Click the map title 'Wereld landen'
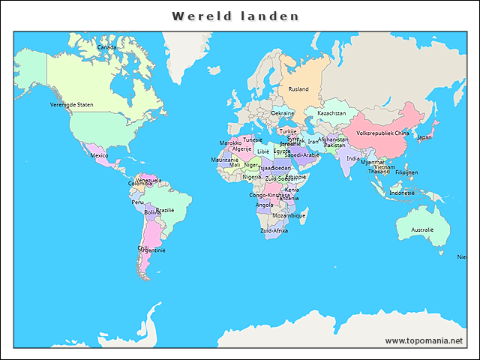pyautogui.click(x=235, y=16)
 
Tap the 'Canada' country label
pyautogui.click(x=107, y=46)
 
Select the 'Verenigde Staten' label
pyautogui.click(x=72, y=105)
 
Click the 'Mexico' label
pyautogui.click(x=99, y=155)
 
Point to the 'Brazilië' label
pyautogui.click(x=164, y=210)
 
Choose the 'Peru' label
pyautogui.click(x=137, y=202)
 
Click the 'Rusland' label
pyautogui.click(x=298, y=89)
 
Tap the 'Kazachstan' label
pyautogui.click(x=331, y=113)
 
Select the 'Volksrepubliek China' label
pyautogui.click(x=382, y=133)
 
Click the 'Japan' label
pyautogui.click(x=424, y=137)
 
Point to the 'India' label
pyautogui.click(x=352, y=158)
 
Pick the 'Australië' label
pyautogui.click(x=422, y=229)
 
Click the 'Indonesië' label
pyautogui.click(x=402, y=193)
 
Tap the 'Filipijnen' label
pyautogui.click(x=406, y=172)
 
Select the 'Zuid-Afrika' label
pyautogui.click(x=274, y=230)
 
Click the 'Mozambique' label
pyautogui.click(x=289, y=215)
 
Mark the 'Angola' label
pyautogui.click(x=265, y=205)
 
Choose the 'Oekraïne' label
pyautogui.click(x=283, y=113)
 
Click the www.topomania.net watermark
pyautogui.click(x=424, y=340)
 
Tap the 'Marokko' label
pyautogui.click(x=230, y=142)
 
